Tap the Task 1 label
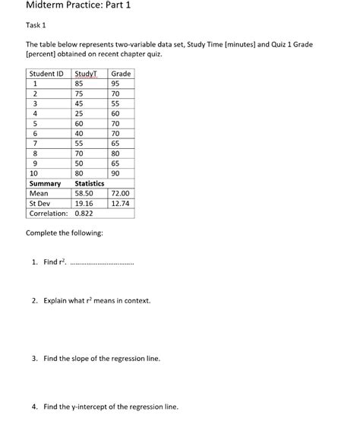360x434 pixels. [38, 26]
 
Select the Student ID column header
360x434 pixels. [46, 74]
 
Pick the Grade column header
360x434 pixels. [121, 74]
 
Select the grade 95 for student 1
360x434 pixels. [115, 84]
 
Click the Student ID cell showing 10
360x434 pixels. [33, 173]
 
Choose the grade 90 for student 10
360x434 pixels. [115, 173]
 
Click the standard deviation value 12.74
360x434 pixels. [120, 204]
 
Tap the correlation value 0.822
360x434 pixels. [85, 214]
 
